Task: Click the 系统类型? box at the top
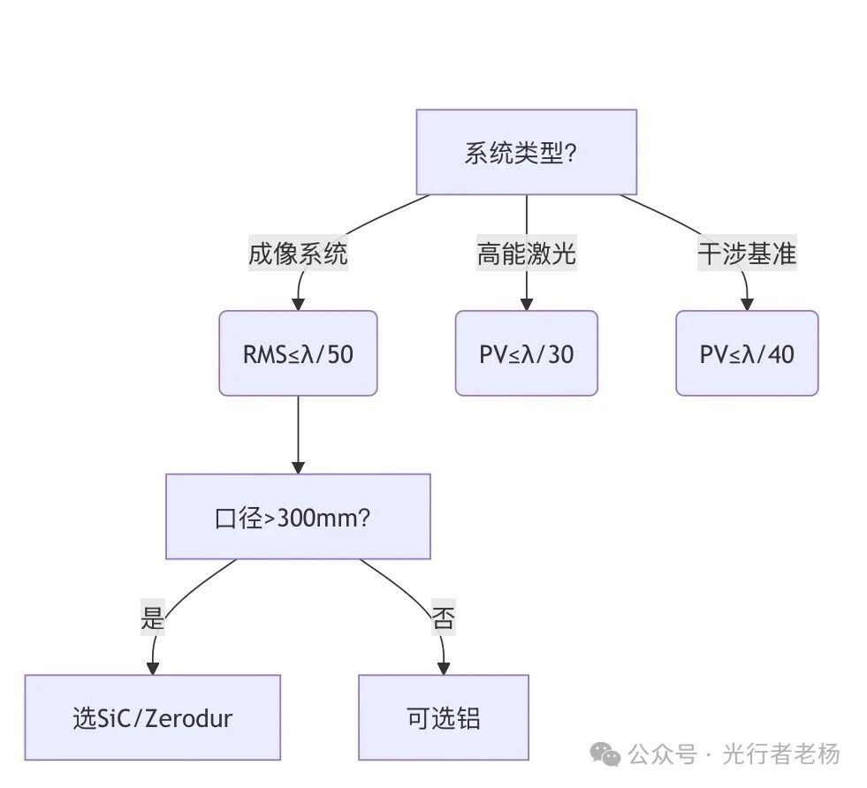click(x=526, y=152)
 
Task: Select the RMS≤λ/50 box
click(x=298, y=353)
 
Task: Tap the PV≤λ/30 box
click(x=526, y=353)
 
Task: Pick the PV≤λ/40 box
click(x=747, y=353)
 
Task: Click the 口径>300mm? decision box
click(x=298, y=517)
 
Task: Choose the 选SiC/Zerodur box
click(x=152, y=717)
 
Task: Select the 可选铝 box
click(x=443, y=717)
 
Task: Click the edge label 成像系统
click(x=298, y=254)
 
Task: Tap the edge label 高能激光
click(x=526, y=254)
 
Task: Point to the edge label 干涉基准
click(x=747, y=254)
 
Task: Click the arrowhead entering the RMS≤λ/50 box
click(x=298, y=304)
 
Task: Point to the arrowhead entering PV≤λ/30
click(x=526, y=304)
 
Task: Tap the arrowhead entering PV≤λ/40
click(x=747, y=304)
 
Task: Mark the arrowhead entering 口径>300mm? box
click(x=298, y=467)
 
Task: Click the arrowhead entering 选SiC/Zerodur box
click(x=153, y=669)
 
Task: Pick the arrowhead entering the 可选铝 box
click(x=443, y=669)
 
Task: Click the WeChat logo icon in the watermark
click(x=606, y=754)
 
